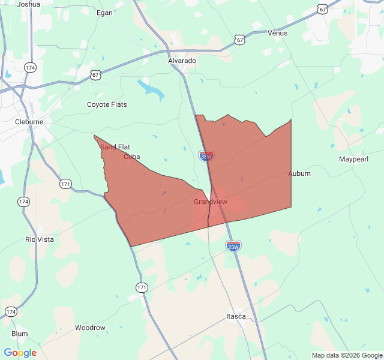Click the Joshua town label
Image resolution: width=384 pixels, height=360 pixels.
(x=29, y=4)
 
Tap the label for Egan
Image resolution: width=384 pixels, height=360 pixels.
(x=104, y=12)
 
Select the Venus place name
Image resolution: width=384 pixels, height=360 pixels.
(x=277, y=33)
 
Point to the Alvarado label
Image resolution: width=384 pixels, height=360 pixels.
(x=182, y=61)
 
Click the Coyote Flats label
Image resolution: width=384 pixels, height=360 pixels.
(x=107, y=104)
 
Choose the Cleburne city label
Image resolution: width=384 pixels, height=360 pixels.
(x=29, y=122)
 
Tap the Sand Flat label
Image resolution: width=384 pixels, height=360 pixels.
(x=115, y=147)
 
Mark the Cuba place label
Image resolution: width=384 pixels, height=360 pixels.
(x=131, y=157)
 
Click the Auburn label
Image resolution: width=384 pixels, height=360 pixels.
(x=299, y=173)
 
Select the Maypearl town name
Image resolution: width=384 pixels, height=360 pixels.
(x=353, y=160)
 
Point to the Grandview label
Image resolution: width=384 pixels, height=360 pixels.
(x=211, y=202)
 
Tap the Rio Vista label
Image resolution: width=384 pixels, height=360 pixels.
(x=39, y=239)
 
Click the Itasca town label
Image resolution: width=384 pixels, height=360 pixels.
(x=236, y=316)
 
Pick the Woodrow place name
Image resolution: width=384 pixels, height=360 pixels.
(x=90, y=328)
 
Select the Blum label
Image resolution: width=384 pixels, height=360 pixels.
(x=19, y=334)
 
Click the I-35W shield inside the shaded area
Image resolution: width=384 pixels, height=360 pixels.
(x=206, y=156)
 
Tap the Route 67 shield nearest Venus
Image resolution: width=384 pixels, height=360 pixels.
(x=240, y=40)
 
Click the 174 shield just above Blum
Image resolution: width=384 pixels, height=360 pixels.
(x=11, y=311)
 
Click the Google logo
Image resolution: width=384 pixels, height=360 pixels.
(x=20, y=353)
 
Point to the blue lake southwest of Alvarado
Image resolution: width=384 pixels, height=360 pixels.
(x=150, y=88)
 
